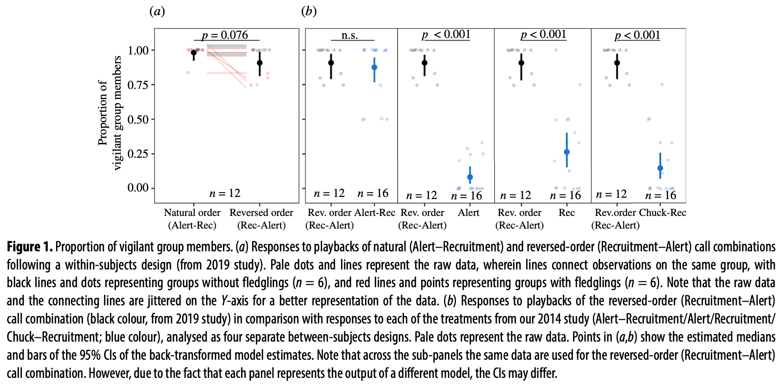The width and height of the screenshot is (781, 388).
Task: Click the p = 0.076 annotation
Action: [x=225, y=35]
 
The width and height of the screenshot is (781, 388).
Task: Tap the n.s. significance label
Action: [x=350, y=35]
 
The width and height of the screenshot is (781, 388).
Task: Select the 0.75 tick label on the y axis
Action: [x=138, y=85]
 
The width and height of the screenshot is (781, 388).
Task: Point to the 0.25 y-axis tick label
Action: [x=138, y=154]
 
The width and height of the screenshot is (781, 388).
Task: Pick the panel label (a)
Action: [x=157, y=11]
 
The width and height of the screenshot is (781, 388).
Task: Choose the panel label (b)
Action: [x=309, y=11]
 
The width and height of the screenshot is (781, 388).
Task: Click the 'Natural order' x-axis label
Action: [x=192, y=213]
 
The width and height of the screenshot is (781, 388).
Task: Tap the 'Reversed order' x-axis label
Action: [x=261, y=213]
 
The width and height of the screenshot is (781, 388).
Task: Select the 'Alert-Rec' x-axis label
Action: [x=375, y=213]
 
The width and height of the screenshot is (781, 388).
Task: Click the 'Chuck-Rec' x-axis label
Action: [x=663, y=213]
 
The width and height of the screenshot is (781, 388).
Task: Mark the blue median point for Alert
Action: [x=470, y=178]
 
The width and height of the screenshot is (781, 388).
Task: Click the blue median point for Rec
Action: [x=567, y=152]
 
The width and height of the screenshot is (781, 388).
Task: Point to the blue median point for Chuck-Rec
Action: [x=660, y=168]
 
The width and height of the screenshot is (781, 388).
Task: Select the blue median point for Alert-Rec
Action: [x=374, y=67]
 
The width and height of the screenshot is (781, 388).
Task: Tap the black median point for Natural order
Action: [x=194, y=53]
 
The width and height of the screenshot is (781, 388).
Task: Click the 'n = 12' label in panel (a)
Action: [x=225, y=194]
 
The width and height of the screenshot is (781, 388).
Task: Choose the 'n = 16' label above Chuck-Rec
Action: [x=660, y=195]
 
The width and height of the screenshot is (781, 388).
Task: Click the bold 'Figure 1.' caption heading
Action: [x=30, y=247]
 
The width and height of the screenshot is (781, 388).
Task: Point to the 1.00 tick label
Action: [x=138, y=51]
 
